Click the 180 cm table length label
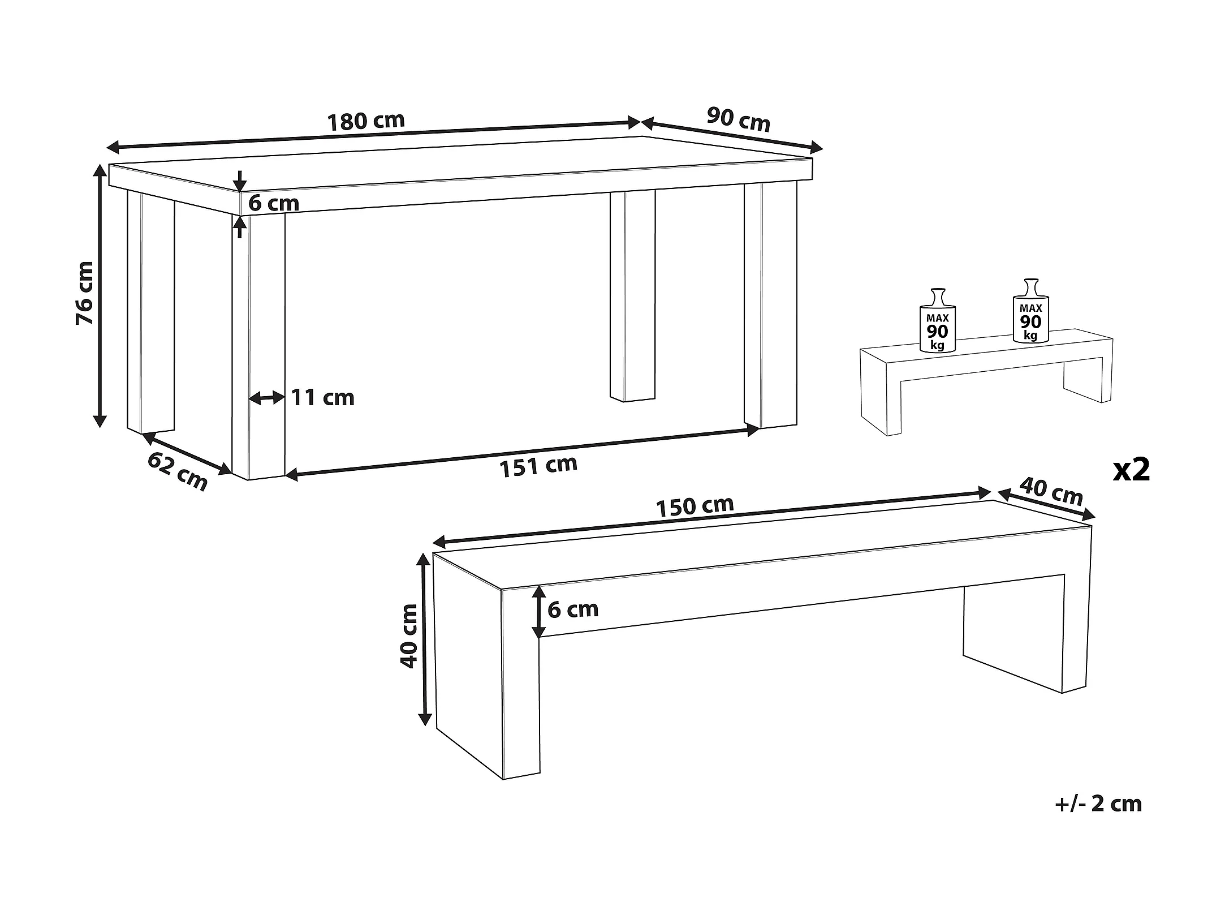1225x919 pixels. pyautogui.click(x=366, y=121)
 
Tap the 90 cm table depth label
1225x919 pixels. pyautogui.click(x=739, y=119)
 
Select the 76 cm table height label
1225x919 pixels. pyautogui.click(x=84, y=293)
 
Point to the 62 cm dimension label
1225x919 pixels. pyautogui.click(x=178, y=471)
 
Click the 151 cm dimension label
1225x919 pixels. pyautogui.click(x=538, y=466)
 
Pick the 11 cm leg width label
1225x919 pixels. pyautogui.click(x=322, y=397)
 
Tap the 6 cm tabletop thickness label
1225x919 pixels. pyautogui.click(x=274, y=203)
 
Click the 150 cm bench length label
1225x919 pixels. pyautogui.click(x=695, y=506)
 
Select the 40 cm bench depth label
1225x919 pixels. pyautogui.click(x=1051, y=491)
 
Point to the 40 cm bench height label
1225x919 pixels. pyautogui.click(x=409, y=636)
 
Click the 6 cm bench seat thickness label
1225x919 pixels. pyautogui.click(x=573, y=609)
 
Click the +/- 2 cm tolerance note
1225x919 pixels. pyautogui.click(x=1098, y=804)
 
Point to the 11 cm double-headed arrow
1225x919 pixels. pyautogui.click(x=267, y=398)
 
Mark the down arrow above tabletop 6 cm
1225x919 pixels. pyautogui.click(x=240, y=181)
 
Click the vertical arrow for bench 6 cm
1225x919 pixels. pyautogui.click(x=539, y=612)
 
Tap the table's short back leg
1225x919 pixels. pyautogui.click(x=632, y=296)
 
